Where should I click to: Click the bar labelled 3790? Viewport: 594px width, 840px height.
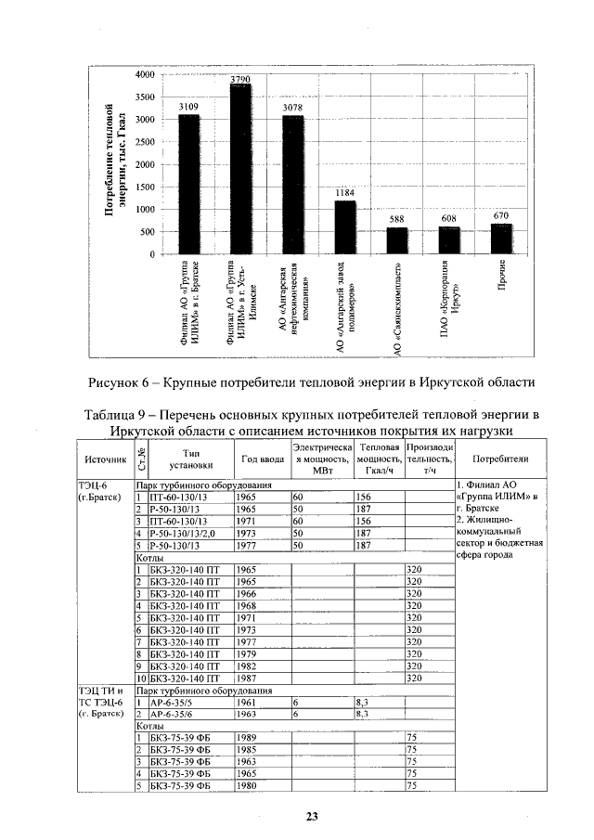(x=240, y=169)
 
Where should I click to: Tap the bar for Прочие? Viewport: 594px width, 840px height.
(x=501, y=239)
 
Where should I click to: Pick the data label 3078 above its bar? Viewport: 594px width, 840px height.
(x=292, y=108)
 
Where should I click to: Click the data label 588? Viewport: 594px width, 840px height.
(x=396, y=219)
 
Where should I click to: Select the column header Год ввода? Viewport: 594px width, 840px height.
(x=262, y=459)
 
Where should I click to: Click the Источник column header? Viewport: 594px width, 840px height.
(x=105, y=459)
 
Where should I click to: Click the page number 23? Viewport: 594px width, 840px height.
(x=312, y=817)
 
